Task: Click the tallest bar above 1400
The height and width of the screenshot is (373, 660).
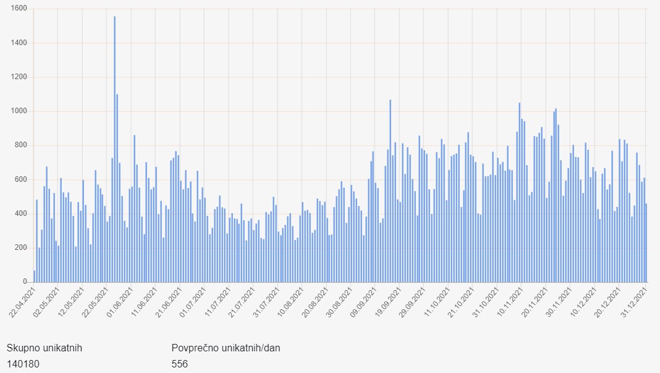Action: [114, 148]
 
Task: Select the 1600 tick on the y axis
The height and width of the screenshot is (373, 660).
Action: [19, 9]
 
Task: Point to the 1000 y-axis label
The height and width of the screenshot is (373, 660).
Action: [19, 111]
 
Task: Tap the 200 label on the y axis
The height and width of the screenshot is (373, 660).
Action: [21, 247]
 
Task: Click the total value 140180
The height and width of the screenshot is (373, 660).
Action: [23, 364]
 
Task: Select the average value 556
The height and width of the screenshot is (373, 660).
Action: [180, 364]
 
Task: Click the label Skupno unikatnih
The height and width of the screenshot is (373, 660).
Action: [44, 348]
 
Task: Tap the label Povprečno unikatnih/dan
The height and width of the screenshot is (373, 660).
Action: [226, 348]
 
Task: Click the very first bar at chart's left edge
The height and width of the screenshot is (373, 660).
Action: [34, 277]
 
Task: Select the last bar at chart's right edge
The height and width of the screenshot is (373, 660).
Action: [646, 243]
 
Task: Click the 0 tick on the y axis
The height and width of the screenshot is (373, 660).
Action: [25, 282]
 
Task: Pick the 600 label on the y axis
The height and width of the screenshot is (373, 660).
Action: [21, 179]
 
